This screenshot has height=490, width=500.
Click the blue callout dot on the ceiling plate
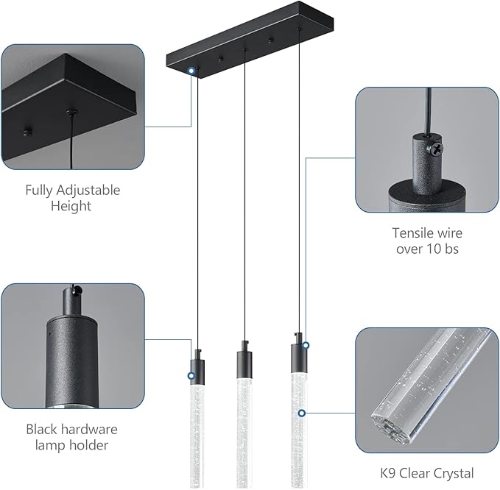192,71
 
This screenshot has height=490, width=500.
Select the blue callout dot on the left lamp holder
191,376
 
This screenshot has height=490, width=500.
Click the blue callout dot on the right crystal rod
302,413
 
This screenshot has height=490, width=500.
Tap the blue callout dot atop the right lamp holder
305,344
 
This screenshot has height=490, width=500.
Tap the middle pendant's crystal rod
244,434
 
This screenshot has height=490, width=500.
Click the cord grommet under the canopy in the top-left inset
71,113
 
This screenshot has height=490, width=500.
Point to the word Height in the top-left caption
71,207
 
